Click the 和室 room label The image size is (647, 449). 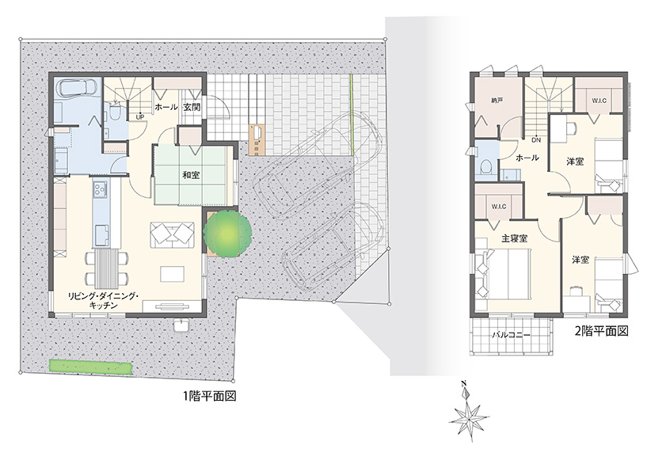[191, 175]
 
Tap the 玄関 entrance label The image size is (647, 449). [192, 107]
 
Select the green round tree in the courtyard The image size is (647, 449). [227, 234]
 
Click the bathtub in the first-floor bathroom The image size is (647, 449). [77, 88]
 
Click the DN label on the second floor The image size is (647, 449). [536, 140]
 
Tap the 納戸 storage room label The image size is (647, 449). [497, 101]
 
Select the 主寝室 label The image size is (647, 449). [514, 238]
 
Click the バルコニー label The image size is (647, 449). [511, 335]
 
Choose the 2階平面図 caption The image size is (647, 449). [602, 331]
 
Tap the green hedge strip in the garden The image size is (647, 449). [91, 367]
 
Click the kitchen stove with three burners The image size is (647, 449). [101, 189]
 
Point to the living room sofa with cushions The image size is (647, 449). [173, 235]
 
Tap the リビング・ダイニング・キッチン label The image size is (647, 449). [104, 300]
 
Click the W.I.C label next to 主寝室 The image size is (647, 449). [499, 207]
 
